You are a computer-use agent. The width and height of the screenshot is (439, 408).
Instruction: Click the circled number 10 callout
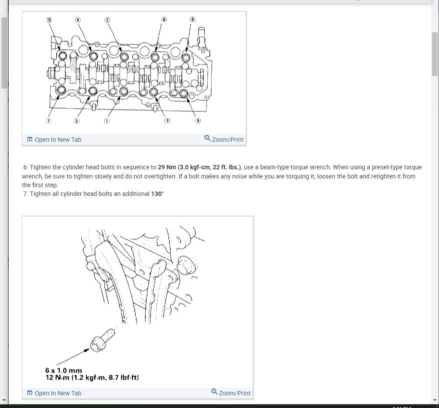pos(49,20)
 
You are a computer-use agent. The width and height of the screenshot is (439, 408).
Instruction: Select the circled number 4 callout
pos(78,20)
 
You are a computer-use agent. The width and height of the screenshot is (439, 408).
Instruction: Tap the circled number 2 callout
pos(107,20)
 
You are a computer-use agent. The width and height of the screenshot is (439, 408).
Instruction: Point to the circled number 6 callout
pos(164,20)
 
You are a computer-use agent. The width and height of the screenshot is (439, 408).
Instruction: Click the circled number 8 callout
pos(192,20)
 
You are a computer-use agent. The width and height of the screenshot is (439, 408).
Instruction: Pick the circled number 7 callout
pos(49,121)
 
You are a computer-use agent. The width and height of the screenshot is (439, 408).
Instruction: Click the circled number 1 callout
pos(107,121)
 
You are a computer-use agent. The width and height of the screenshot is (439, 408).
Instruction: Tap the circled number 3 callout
pos(167,121)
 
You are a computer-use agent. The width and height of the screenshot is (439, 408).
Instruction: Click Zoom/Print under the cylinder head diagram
pos(224,139)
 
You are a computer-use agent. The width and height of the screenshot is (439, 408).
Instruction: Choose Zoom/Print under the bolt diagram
pos(231,393)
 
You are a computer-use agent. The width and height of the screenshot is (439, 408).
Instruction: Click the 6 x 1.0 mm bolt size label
pos(63,370)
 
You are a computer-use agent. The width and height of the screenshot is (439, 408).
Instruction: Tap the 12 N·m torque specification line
pos(92,377)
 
